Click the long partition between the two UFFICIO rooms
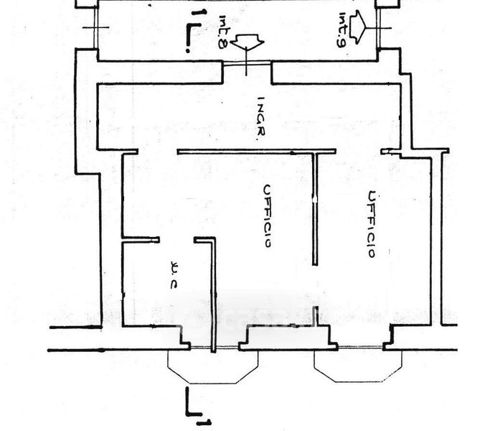click(x=315, y=208)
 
